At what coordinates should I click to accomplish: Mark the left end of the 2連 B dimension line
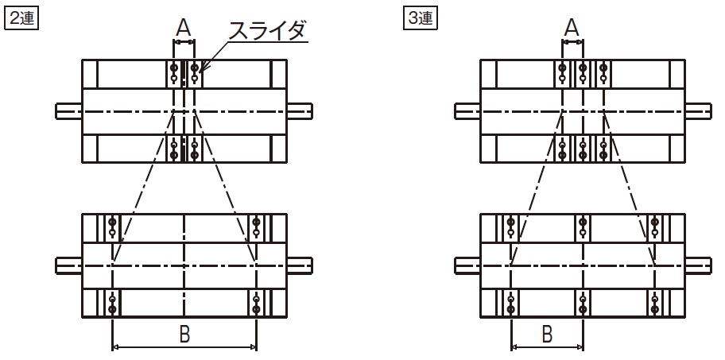click(112, 346)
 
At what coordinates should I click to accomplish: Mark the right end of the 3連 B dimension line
click(583, 346)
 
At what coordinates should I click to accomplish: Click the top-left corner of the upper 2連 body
click(83, 60)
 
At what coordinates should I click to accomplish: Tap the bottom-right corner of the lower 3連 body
click(684, 318)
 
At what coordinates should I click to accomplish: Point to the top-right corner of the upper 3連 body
click(684, 60)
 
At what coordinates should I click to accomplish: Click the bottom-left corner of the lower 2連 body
click(83, 318)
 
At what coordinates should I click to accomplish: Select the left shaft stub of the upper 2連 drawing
click(69, 111)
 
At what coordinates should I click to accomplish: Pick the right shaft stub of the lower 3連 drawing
click(698, 265)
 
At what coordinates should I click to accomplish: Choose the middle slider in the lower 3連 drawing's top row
click(583, 228)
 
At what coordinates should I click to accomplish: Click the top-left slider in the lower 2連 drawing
click(112, 228)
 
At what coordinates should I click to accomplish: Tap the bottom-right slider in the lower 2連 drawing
click(256, 304)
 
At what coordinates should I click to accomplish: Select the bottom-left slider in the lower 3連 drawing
click(511, 304)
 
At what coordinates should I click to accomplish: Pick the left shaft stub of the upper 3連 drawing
click(467, 111)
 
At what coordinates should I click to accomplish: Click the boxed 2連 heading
click(21, 18)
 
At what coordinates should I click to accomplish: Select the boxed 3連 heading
click(421, 18)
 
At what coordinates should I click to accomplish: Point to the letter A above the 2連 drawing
click(184, 29)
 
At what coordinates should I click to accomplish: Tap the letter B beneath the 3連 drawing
click(547, 334)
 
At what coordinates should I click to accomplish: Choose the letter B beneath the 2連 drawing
click(184, 334)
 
